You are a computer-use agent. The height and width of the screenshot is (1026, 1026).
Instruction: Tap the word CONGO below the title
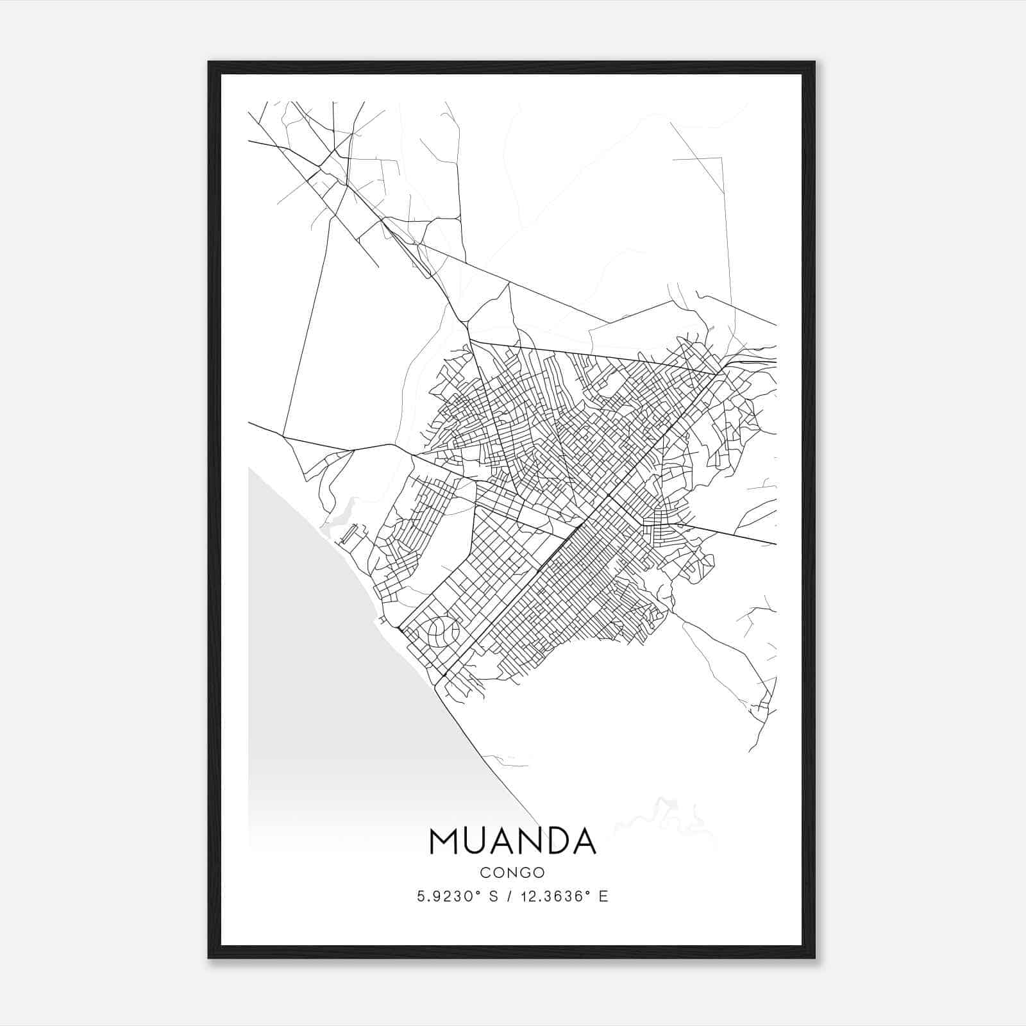[x=512, y=872]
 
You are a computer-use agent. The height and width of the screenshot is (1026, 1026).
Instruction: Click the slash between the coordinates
[x=509, y=896]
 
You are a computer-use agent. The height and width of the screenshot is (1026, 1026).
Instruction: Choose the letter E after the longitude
[x=603, y=896]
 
